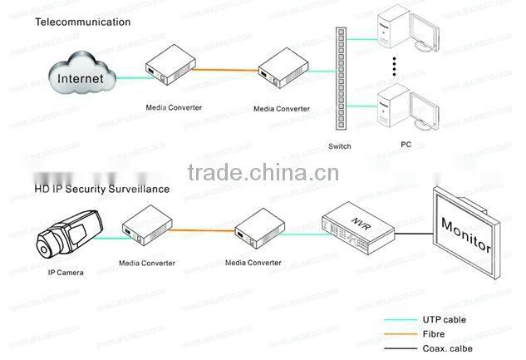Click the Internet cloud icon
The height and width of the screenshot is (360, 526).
click(x=81, y=77)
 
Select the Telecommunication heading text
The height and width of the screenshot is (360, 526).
click(x=82, y=22)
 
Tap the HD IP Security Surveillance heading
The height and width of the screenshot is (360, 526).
click(x=101, y=189)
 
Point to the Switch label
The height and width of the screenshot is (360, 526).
click(x=340, y=146)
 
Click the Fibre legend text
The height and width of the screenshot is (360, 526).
click(x=436, y=334)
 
